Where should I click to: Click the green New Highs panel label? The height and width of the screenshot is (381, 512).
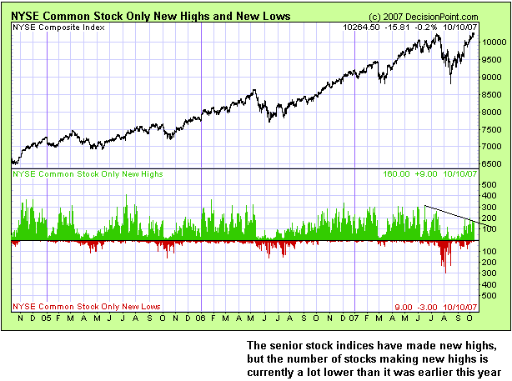87,174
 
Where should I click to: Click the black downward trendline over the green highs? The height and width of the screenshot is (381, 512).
450,213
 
